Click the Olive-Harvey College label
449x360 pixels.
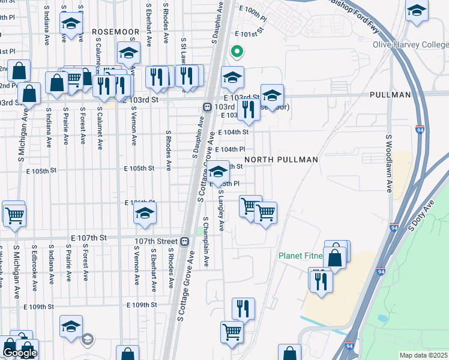pyautogui.click(x=411, y=45)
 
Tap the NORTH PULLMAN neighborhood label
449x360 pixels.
pyautogui.click(x=280, y=160)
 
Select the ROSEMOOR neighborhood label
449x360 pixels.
pyautogui.click(x=115, y=31)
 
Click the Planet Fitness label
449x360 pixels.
pyautogui.click(x=300, y=256)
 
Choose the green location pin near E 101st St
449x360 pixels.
pyautogui.click(x=237, y=52)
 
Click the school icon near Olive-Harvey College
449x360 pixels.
pyautogui.click(x=416, y=10)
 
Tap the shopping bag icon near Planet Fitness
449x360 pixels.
pyautogui.click(x=336, y=257)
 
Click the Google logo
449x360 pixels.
pyautogui.click(x=19, y=353)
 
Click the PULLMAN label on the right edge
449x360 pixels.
pyautogui.click(x=390, y=95)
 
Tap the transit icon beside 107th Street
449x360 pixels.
pyautogui.click(x=185, y=241)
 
